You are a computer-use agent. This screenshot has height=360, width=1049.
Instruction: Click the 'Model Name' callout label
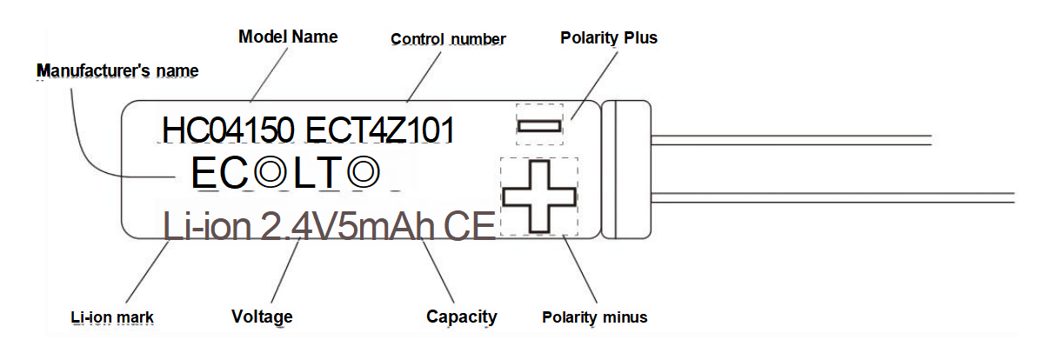[288, 37]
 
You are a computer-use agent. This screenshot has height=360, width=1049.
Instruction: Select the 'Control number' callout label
[448, 39]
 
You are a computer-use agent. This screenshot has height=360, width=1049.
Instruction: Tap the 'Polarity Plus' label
[609, 37]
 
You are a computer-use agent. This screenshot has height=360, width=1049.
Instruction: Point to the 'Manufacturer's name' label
[117, 70]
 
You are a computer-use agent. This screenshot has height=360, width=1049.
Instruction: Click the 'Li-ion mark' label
[112, 317]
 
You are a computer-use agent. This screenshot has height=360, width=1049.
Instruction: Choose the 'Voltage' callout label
[262, 317]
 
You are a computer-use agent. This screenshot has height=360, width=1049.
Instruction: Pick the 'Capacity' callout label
[461, 317]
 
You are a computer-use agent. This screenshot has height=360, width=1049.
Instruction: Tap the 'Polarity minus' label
[595, 317]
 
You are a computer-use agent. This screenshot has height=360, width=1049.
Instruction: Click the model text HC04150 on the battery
[228, 130]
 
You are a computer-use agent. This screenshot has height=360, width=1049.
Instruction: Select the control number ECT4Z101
[380, 130]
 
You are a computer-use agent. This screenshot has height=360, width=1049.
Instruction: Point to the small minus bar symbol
[539, 126]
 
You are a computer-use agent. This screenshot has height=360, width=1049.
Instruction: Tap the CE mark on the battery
[469, 227]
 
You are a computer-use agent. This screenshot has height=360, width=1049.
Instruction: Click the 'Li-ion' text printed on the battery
[206, 226]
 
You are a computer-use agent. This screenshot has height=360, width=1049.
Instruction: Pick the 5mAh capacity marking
[386, 227]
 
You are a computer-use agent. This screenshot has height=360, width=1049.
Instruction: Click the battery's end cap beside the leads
[626, 170]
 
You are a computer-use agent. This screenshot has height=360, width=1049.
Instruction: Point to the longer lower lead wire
[832, 197]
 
